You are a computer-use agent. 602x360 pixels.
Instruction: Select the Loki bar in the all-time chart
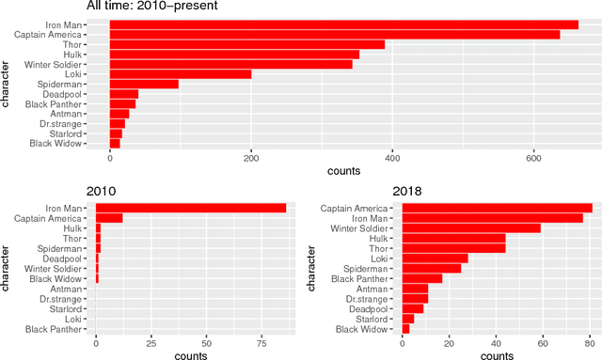[x=180, y=74]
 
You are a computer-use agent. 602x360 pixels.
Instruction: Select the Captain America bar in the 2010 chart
[x=108, y=218]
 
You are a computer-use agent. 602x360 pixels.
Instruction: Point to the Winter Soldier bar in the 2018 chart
[x=471, y=227]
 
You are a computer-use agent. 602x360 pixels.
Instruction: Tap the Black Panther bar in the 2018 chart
[x=421, y=278]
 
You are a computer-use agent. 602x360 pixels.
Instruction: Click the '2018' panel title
[x=409, y=192]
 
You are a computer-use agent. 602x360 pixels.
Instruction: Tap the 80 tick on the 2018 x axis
[x=589, y=345]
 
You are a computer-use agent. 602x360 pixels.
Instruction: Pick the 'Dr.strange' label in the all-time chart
[x=84, y=123]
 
